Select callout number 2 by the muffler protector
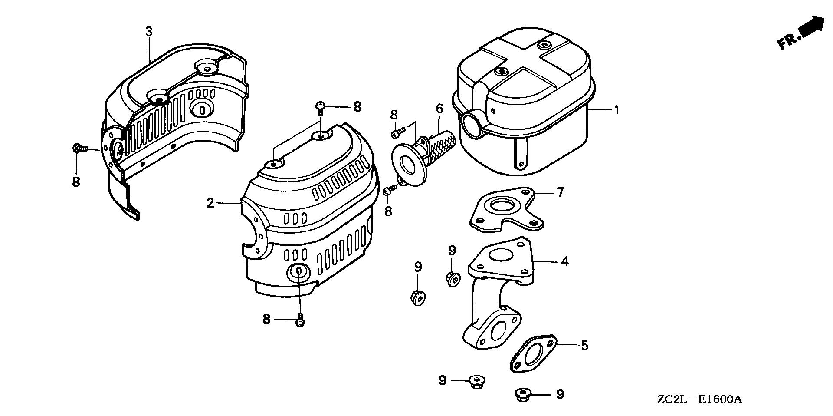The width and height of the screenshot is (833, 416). [210, 203]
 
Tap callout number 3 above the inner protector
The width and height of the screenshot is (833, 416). [149, 32]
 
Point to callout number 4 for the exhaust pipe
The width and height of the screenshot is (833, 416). [564, 261]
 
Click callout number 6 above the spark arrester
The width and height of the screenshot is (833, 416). [439, 109]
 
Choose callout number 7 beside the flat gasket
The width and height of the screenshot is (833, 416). [560, 192]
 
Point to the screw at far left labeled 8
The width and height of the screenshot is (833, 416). [78, 149]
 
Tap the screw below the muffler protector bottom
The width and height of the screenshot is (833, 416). [300, 322]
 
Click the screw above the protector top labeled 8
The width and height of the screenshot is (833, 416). [320, 106]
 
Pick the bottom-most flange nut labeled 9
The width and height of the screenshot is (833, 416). [521, 395]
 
